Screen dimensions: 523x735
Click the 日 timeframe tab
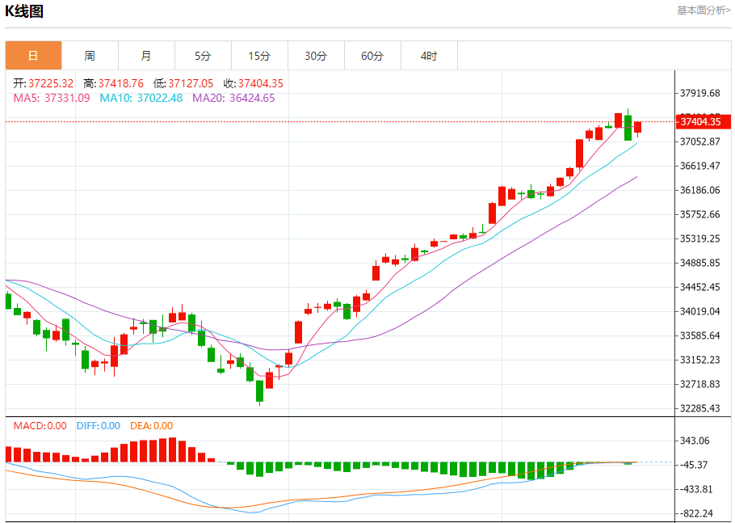pyautogui.click(x=33, y=56)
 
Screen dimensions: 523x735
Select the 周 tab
pyautogui.click(x=90, y=56)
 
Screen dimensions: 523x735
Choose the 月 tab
pyautogui.click(x=146, y=56)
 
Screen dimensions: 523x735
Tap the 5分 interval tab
pyautogui.click(x=203, y=56)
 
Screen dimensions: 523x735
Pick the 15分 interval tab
pyautogui.click(x=259, y=56)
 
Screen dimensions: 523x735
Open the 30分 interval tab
pyautogui.click(x=316, y=56)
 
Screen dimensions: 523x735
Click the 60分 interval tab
pyautogui.click(x=372, y=56)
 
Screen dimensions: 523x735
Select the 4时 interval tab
pyautogui.click(x=429, y=56)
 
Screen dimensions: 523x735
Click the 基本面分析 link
pyautogui.click(x=703, y=11)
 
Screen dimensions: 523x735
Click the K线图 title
pyautogui.click(x=24, y=11)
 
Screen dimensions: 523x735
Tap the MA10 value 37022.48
pyautogui.click(x=160, y=98)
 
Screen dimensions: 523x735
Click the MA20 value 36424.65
pyautogui.click(x=252, y=98)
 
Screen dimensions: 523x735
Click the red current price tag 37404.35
pyautogui.click(x=704, y=122)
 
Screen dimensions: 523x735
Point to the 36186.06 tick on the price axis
pyautogui.click(x=699, y=190)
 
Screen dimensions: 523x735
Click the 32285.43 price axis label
pyautogui.click(x=699, y=408)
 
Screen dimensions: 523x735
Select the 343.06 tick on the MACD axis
pyautogui.click(x=695, y=441)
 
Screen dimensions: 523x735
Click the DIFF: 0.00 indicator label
pyautogui.click(x=99, y=426)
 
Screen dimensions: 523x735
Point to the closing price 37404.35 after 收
pyautogui.click(x=260, y=83)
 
